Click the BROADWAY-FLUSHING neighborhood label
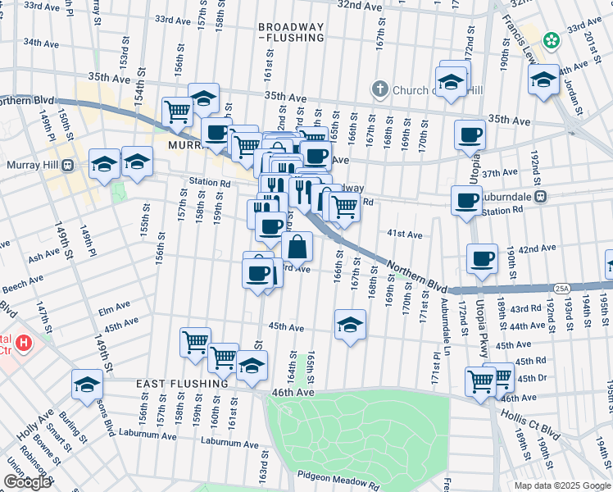pyautogui.click(x=291, y=32)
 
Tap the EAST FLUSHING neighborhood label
pyautogui.click(x=182, y=384)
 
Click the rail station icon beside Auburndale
pyautogui.click(x=540, y=198)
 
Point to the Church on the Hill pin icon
pyautogui.click(x=379, y=89)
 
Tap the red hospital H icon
pyautogui.click(x=24, y=341)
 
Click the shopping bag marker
pyautogui.click(x=297, y=245)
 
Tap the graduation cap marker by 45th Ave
pyautogui.click(x=350, y=325)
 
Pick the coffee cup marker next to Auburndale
pyautogui.click(x=467, y=200)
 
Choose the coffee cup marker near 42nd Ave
pyautogui.click(x=483, y=258)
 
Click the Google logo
pyautogui.click(x=27, y=482)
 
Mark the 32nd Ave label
pyautogui.click(x=361, y=5)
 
